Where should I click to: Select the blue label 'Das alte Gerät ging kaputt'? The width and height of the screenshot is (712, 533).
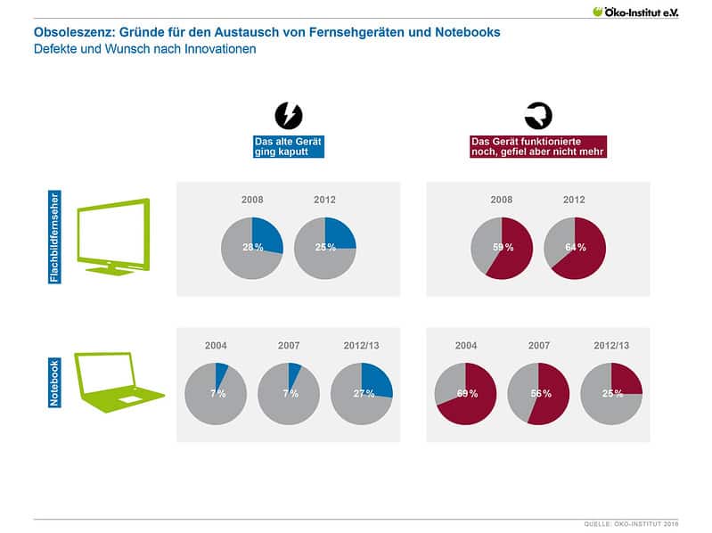click(289, 146)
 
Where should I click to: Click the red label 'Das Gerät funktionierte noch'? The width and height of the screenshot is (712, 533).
click(538, 146)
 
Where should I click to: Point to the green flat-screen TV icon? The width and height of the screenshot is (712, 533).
click(113, 235)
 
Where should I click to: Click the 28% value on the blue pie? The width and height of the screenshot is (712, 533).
click(253, 247)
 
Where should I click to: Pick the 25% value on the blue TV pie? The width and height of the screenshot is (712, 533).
click(325, 247)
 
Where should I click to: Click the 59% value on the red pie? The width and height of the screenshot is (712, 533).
click(503, 247)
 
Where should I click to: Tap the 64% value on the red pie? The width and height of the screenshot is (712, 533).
click(575, 247)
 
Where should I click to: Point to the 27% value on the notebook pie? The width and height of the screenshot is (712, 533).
click(362, 393)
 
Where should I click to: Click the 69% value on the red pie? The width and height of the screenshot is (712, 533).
click(466, 393)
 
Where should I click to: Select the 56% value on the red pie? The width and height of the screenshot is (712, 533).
click(538, 393)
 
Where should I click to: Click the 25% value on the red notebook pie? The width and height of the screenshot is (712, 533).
click(611, 393)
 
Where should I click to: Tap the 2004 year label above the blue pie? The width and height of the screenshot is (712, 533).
click(217, 345)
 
